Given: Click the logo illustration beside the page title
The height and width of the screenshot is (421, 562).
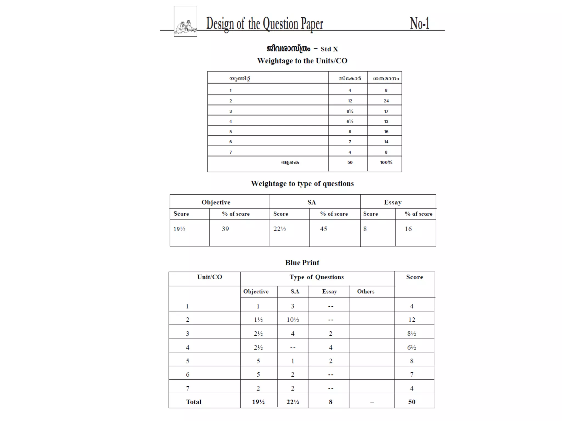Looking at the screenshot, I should click(x=186, y=21).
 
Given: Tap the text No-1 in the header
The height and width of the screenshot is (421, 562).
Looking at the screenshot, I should click(x=419, y=23).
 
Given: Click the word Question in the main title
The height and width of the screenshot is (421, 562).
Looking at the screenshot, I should click(x=280, y=24).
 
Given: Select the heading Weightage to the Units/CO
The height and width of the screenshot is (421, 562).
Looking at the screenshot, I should click(x=302, y=61).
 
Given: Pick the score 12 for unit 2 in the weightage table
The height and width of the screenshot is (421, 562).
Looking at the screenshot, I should click(x=350, y=101).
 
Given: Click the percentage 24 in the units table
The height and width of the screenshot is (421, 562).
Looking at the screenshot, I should click(x=386, y=101).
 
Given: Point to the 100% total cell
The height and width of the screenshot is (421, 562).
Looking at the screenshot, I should click(x=386, y=163).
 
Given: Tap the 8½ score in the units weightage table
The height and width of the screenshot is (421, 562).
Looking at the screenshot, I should click(x=350, y=111).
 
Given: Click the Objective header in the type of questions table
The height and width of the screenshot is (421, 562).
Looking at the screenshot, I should click(x=216, y=202).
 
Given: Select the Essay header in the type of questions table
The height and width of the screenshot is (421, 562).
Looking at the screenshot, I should click(x=393, y=202).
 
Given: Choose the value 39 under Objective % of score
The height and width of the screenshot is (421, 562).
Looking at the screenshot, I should click(x=225, y=229).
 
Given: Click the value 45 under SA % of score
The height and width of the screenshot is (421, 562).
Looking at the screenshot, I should click(x=324, y=229).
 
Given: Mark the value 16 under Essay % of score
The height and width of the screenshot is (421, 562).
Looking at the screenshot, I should click(x=408, y=229).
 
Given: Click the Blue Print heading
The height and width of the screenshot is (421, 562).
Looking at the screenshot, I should click(x=302, y=263).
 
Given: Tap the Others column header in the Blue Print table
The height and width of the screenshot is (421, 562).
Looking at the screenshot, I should click(x=366, y=291).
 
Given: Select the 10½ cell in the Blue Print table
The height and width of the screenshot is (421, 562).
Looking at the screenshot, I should click(x=293, y=320).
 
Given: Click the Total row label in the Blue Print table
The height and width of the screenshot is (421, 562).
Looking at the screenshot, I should click(x=194, y=402).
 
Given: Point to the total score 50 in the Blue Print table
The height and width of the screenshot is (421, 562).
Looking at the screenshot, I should click(x=412, y=402).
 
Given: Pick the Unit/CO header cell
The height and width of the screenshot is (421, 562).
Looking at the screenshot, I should click(x=210, y=277).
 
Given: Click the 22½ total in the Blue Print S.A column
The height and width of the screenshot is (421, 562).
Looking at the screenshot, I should click(x=293, y=402).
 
